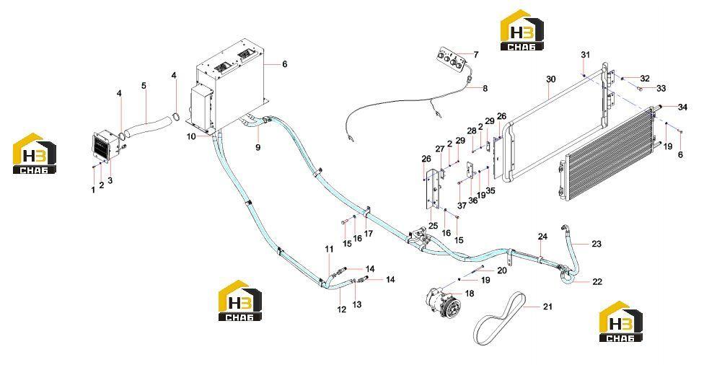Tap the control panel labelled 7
(450, 59)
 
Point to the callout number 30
(551, 79)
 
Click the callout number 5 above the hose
(144, 85)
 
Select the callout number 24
(543, 237)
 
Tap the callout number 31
(585, 55)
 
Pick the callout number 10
(191, 136)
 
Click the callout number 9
(258, 147)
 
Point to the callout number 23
(597, 244)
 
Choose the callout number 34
(682, 107)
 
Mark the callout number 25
(433, 226)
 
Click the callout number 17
(369, 234)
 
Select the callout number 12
(342, 309)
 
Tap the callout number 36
(472, 201)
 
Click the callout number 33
(661, 89)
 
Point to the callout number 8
(485, 89)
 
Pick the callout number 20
(501, 271)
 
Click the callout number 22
(597, 281)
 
